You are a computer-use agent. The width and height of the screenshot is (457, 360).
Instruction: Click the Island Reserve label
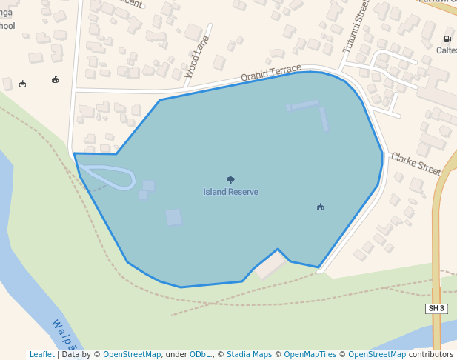click(x=230, y=192)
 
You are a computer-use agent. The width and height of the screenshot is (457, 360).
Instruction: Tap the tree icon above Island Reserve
click(x=230, y=180)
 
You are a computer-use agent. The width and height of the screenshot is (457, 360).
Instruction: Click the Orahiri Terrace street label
click(x=271, y=73)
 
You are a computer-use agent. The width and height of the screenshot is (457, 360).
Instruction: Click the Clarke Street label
click(x=416, y=163)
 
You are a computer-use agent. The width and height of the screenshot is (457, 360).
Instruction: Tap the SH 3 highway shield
click(x=436, y=308)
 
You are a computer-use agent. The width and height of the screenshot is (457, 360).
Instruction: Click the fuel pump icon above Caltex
click(x=447, y=39)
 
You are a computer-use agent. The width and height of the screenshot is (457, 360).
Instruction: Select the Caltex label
click(x=447, y=50)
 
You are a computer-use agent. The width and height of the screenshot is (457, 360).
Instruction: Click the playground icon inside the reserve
click(x=320, y=207)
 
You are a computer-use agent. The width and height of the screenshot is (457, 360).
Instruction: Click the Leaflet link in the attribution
click(x=42, y=354)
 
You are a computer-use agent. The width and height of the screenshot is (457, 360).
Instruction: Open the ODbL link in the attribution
click(x=199, y=354)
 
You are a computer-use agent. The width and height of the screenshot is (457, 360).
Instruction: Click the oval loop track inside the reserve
click(x=108, y=178)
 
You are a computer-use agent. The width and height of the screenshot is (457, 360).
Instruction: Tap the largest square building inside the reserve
click(x=173, y=217)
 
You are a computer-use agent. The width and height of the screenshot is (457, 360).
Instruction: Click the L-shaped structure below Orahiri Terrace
click(x=311, y=110)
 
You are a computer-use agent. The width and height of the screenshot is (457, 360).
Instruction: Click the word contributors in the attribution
click(x=430, y=354)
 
